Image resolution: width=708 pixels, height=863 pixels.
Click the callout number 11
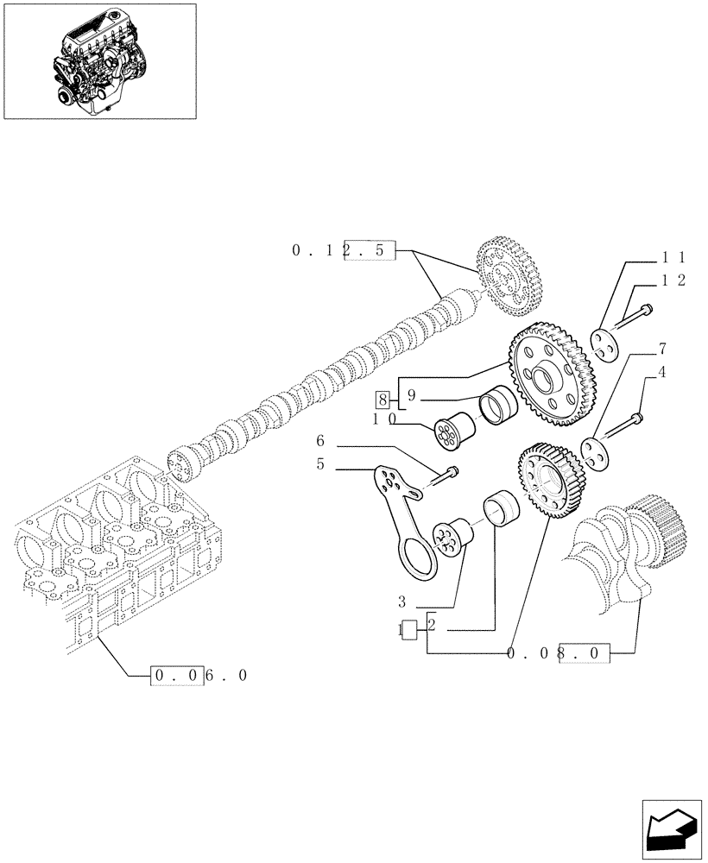pyautogui.click(x=673, y=257)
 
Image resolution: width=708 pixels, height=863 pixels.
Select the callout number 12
pyautogui.click(x=673, y=281)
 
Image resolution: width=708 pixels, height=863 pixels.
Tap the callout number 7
pyautogui.click(x=662, y=350)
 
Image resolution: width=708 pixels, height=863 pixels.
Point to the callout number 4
pyautogui.click(x=662, y=373)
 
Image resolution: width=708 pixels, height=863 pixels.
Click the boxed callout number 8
pyautogui.click(x=382, y=400)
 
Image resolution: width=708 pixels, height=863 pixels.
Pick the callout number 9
pyautogui.click(x=412, y=396)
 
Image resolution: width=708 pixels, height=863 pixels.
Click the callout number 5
pyautogui.click(x=320, y=463)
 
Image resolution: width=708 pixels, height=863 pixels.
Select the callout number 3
pyautogui.click(x=402, y=601)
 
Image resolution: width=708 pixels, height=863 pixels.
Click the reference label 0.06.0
pyautogui.click(x=199, y=676)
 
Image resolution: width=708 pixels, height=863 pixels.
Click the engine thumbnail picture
pyautogui.click(x=99, y=60)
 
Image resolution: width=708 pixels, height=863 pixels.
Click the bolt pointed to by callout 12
pyautogui.click(x=634, y=316)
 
